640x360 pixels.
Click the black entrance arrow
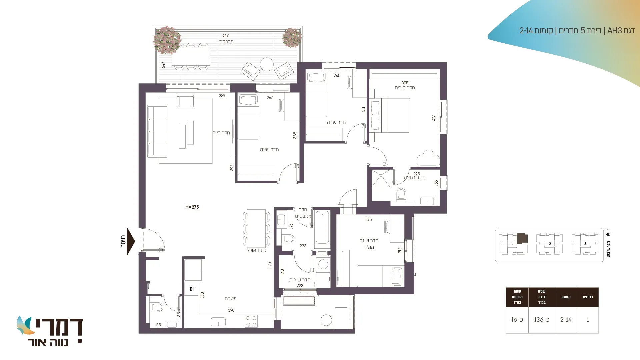click(131, 241)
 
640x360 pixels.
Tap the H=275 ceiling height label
click(192, 207)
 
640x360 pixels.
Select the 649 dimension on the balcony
click(226, 35)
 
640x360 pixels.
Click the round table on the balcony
click(267, 64)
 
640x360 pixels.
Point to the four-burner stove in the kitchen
click(251, 321)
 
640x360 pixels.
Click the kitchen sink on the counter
click(218, 322)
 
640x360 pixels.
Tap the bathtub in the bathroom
click(322, 227)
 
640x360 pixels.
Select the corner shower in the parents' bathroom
click(380, 186)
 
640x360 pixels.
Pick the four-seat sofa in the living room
click(157, 131)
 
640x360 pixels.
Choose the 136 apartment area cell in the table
click(542, 320)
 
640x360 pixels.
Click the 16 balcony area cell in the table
click(517, 320)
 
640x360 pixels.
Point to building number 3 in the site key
click(585, 244)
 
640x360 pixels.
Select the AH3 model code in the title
click(615, 31)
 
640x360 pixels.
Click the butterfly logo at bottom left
click(25, 325)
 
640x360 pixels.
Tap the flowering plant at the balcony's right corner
click(292, 38)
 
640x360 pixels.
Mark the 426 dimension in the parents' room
click(434, 118)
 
